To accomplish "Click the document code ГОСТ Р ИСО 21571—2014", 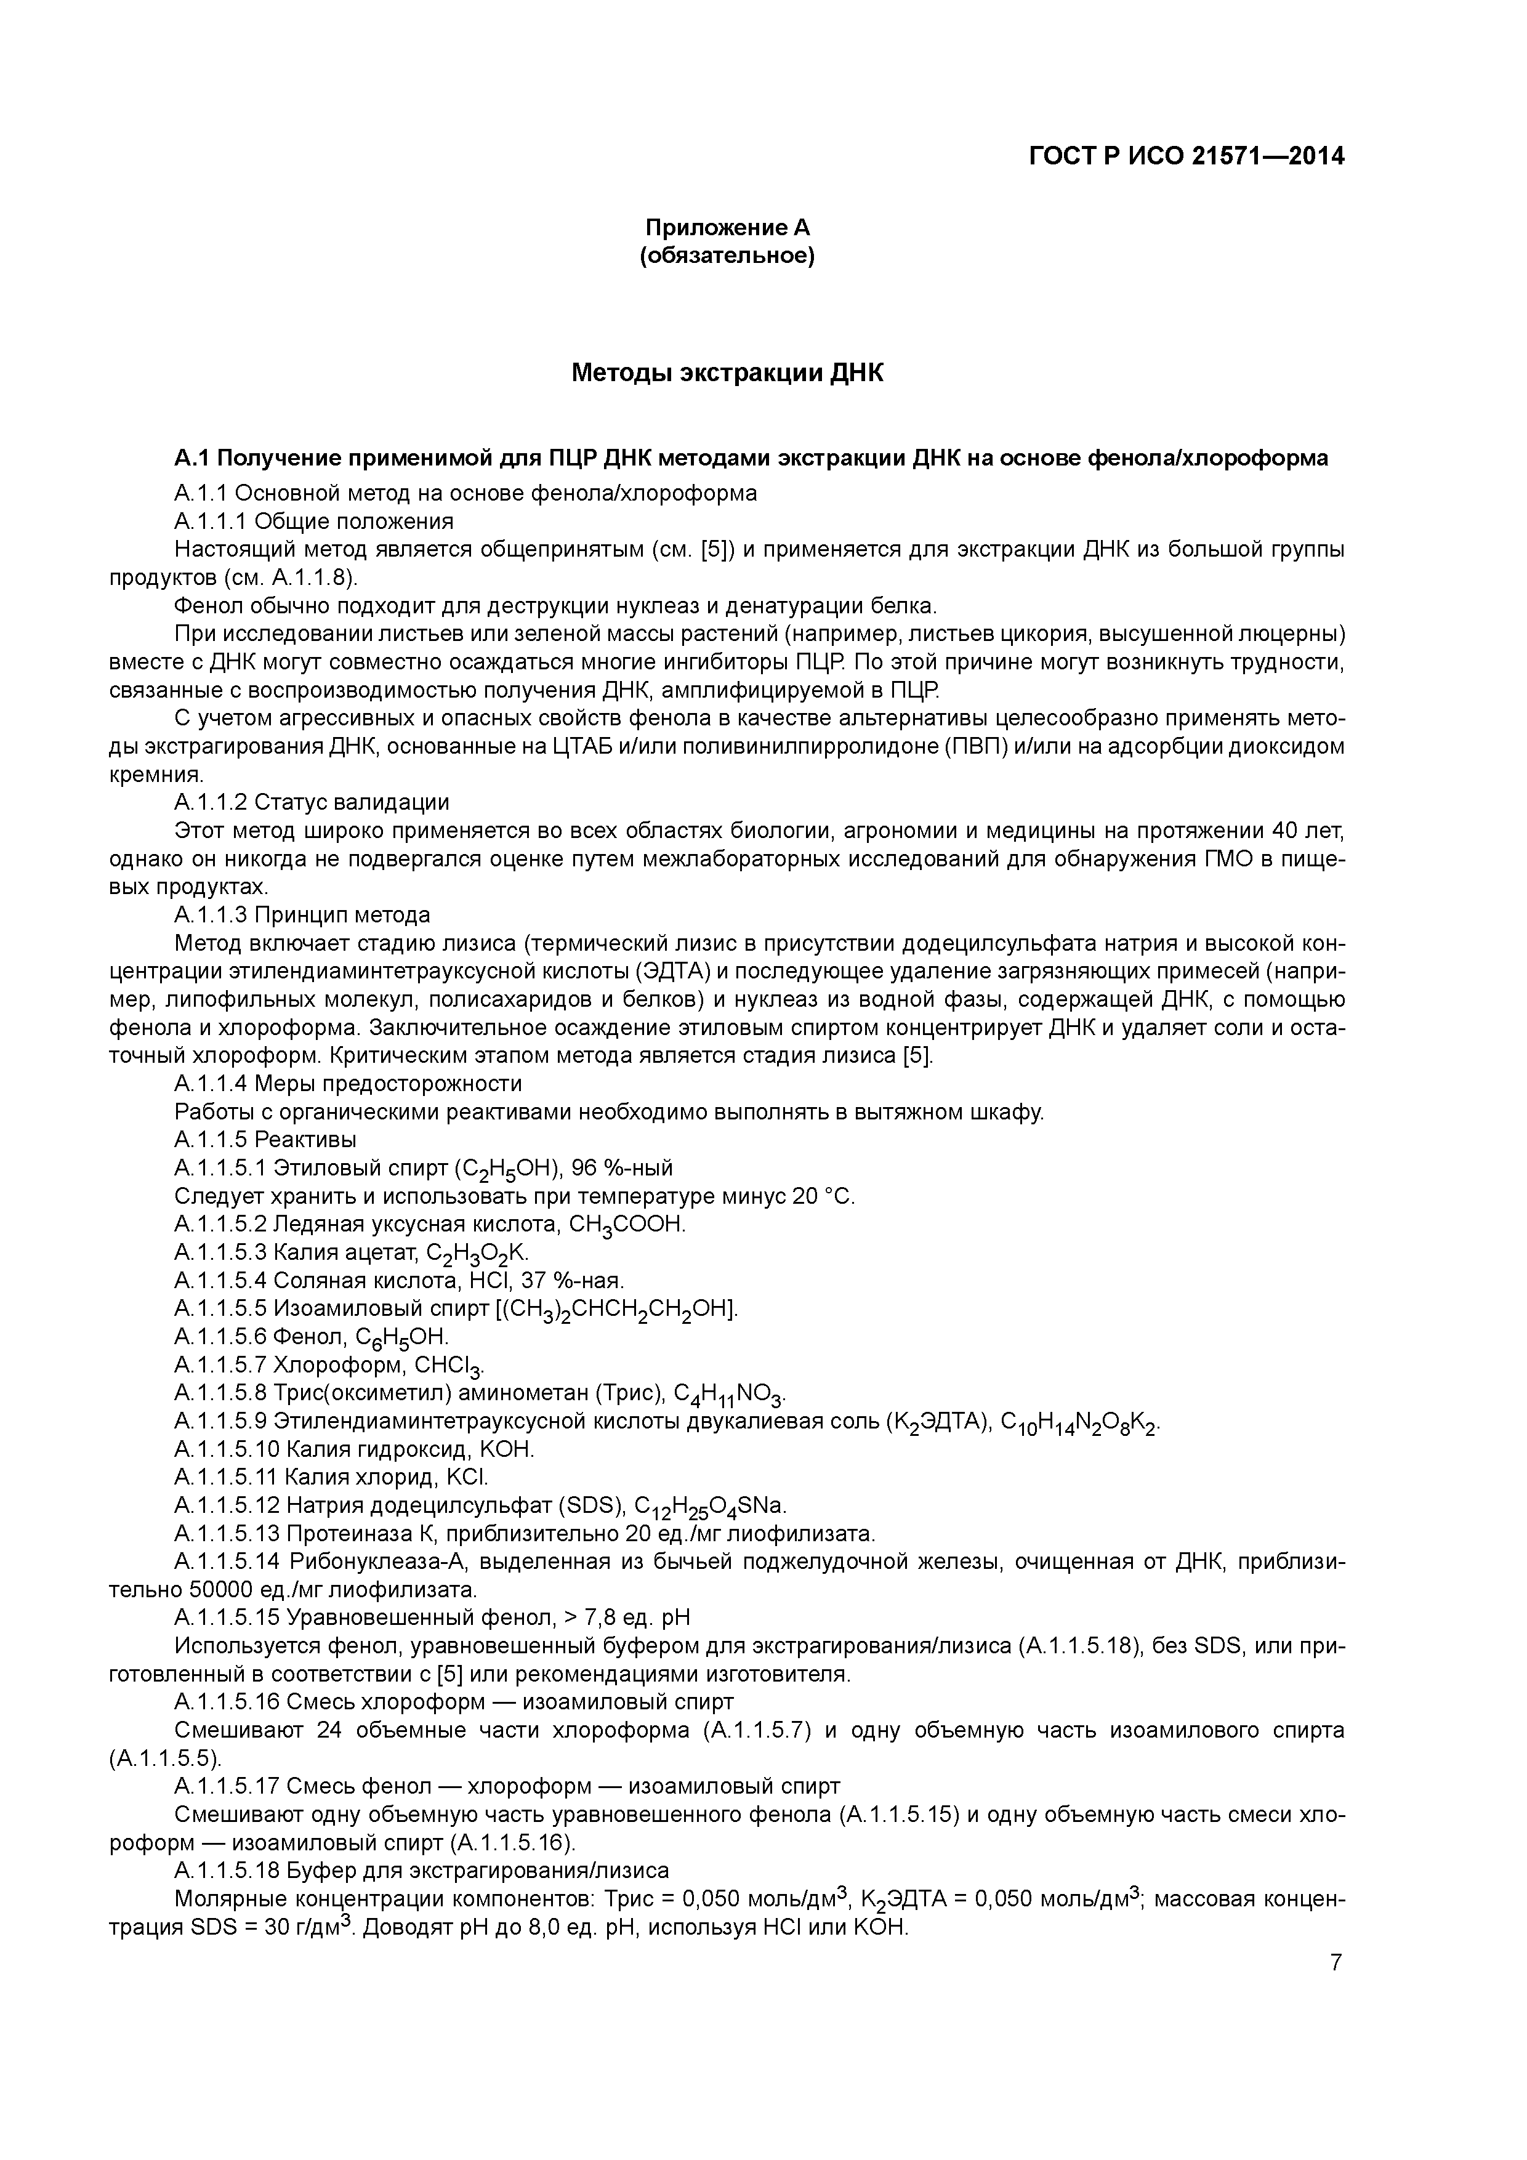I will (x=1187, y=157).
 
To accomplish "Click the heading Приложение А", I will (x=727, y=228).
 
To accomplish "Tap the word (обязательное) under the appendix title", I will (x=727, y=256).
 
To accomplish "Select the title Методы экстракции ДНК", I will (x=727, y=374).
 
